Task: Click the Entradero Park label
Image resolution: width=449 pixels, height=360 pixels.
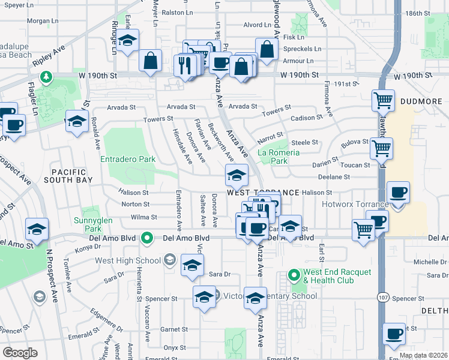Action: click(x=128, y=160)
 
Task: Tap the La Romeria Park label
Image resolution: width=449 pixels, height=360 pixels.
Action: click(x=279, y=157)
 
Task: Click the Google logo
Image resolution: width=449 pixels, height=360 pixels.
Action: click(x=20, y=353)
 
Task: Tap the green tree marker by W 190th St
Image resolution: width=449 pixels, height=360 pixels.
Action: click(x=45, y=77)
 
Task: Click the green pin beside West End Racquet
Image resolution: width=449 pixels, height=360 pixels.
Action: click(x=294, y=276)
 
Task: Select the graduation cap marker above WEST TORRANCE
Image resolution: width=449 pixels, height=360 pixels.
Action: click(x=237, y=176)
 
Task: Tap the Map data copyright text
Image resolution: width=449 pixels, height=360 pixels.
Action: click(x=423, y=355)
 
